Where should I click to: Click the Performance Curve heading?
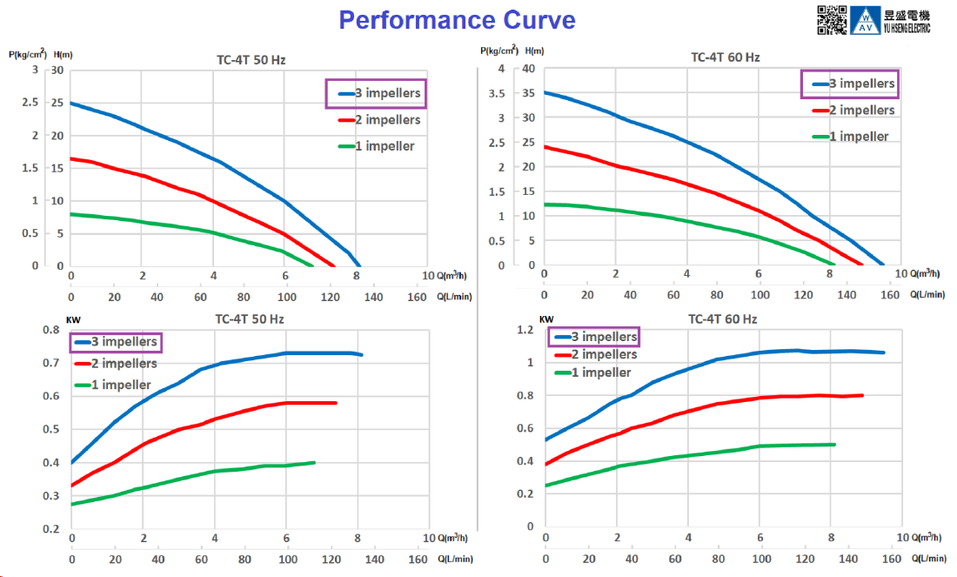click(457, 20)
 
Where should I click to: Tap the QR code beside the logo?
click(831, 19)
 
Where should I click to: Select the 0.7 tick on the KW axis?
click(54, 364)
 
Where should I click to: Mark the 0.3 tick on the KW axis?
click(54, 496)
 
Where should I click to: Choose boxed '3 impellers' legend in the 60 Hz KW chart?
click(593, 337)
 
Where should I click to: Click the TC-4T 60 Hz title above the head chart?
click(725, 57)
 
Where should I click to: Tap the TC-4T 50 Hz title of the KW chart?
click(250, 319)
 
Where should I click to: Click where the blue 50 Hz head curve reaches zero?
click(359, 265)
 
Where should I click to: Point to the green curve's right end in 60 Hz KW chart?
click(834, 445)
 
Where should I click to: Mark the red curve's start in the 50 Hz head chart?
click(71, 158)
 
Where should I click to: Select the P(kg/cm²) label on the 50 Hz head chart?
click(27, 54)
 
